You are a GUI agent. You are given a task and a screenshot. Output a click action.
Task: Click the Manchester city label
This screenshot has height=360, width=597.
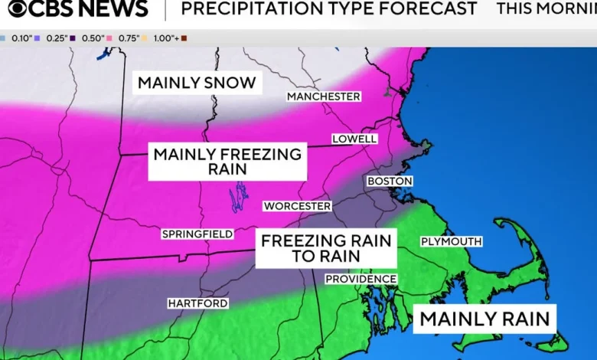point(323,97)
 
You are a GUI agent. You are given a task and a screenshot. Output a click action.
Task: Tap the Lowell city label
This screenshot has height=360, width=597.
point(354,139)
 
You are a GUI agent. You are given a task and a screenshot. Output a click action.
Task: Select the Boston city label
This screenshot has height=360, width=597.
point(390,181)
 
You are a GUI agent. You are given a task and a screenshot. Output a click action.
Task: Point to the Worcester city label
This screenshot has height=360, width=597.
point(297,206)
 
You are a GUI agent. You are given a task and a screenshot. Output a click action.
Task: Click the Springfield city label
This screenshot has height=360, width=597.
point(197,234)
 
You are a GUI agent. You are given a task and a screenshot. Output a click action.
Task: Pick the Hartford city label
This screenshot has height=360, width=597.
point(197,303)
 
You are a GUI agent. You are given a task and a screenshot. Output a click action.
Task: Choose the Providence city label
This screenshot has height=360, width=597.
point(360,279)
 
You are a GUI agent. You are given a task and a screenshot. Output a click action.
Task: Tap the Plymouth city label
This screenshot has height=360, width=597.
point(451,241)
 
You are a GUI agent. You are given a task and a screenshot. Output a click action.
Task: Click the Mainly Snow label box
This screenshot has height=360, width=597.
point(197,83)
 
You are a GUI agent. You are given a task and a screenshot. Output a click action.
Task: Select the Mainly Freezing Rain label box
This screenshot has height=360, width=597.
point(227,161)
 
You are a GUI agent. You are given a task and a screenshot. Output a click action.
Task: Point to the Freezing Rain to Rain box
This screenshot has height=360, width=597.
point(326,248)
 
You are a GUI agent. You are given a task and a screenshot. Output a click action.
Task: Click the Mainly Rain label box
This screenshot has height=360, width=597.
point(484,318)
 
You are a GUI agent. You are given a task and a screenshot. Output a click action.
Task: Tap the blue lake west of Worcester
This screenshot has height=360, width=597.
point(240,197)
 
